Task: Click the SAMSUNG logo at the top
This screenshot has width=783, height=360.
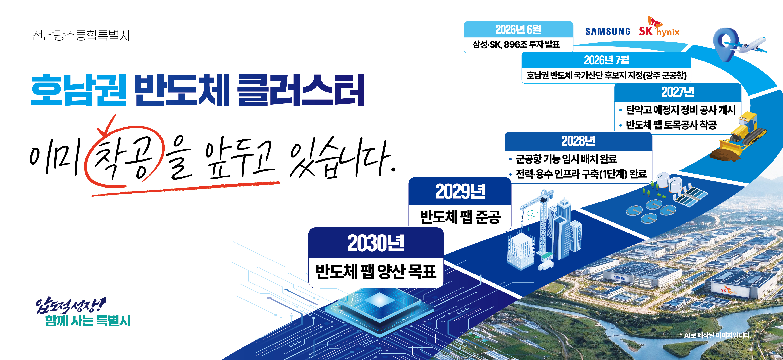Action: pos(608,32)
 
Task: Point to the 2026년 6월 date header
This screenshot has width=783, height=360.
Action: pos(519,30)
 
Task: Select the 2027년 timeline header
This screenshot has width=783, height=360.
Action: pos(678,92)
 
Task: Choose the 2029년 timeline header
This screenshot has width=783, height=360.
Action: pos(460,191)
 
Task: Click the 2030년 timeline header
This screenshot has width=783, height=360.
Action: pos(376,243)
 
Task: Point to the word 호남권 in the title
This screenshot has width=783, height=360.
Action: pos(79,90)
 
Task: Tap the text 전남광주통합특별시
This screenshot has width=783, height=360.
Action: pos(81,35)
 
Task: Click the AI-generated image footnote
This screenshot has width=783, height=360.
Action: pos(715,335)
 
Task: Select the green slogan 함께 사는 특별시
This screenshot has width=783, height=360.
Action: pos(88,321)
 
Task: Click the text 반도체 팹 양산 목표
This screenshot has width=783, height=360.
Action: pos(376,271)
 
